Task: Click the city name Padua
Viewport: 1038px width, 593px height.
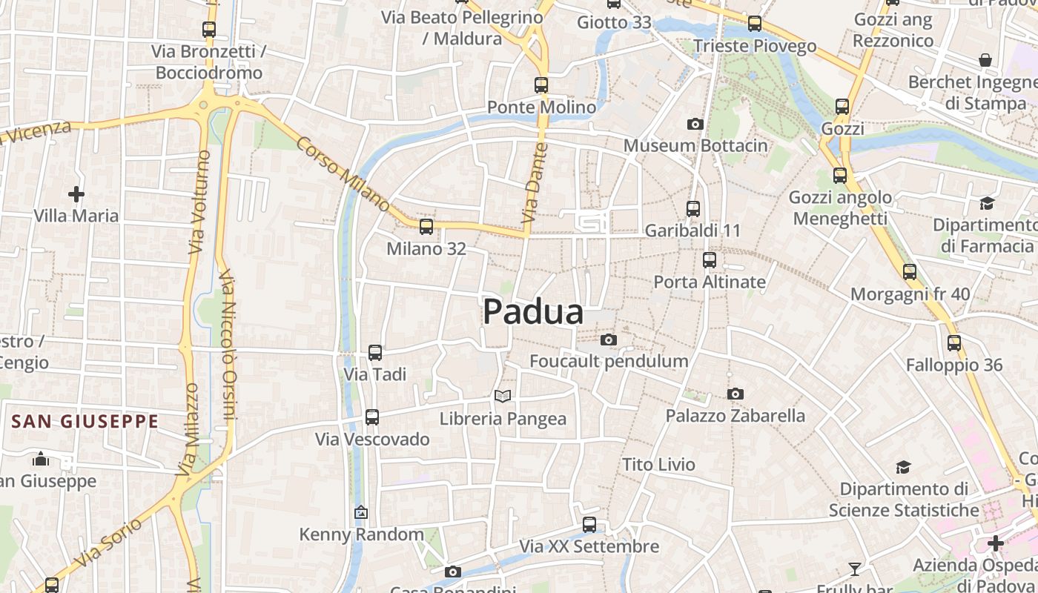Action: pyautogui.click(x=533, y=312)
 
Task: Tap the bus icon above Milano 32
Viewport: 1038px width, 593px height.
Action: pyautogui.click(x=426, y=227)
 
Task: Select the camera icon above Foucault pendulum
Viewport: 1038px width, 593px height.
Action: pyautogui.click(x=609, y=339)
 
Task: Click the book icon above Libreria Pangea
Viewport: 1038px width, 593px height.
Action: pyautogui.click(x=503, y=397)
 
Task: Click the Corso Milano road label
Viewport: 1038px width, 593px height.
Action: pyautogui.click(x=343, y=172)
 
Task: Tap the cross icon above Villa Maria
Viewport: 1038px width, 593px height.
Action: pyautogui.click(x=76, y=194)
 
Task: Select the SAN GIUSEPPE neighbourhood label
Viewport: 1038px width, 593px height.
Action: pyautogui.click(x=85, y=422)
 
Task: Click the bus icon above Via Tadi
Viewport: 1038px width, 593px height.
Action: pyautogui.click(x=375, y=353)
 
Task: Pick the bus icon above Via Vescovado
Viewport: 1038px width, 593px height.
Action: pyautogui.click(x=372, y=417)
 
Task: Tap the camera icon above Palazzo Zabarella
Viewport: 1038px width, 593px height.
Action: pyautogui.click(x=735, y=394)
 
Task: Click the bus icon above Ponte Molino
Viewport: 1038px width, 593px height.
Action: pyautogui.click(x=541, y=85)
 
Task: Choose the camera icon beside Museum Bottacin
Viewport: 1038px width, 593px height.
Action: pyautogui.click(x=695, y=124)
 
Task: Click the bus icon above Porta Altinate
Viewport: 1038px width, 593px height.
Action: pyautogui.click(x=710, y=260)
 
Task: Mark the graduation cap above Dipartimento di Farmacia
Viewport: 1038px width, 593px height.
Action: pyautogui.click(x=987, y=203)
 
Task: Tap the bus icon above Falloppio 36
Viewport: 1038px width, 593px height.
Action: pyautogui.click(x=954, y=343)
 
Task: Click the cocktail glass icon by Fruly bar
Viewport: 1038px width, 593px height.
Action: pyautogui.click(x=855, y=569)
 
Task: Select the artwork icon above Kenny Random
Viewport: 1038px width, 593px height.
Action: pyautogui.click(x=361, y=512)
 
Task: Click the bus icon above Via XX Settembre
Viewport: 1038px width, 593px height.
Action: pyautogui.click(x=589, y=525)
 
